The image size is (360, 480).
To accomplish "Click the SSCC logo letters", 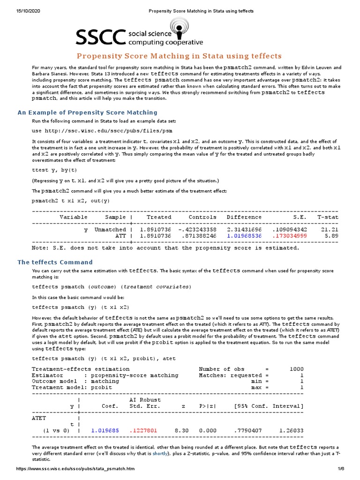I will point(101,37).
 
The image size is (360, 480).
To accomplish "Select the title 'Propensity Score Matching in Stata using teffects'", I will point(180,56).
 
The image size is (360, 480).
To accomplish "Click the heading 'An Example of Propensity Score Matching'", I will point(87,112).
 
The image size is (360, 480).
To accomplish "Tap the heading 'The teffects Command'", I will point(55,262).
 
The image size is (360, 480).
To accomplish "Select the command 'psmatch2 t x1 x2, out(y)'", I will point(70,201).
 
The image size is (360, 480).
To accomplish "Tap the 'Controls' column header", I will point(202,217).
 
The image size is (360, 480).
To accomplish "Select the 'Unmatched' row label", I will point(110,230).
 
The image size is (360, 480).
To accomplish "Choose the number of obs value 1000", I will point(296,369).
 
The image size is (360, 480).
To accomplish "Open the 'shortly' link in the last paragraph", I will point(159,454).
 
